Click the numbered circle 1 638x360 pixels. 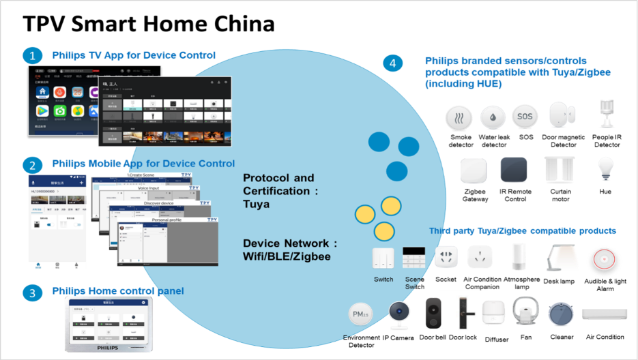click(31, 55)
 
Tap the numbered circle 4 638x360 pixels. click(392, 63)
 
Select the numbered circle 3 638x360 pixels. click(31, 293)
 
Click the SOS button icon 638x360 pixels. click(524, 117)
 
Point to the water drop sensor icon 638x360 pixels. click(492, 117)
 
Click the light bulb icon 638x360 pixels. click(604, 168)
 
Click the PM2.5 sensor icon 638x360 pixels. click(360, 314)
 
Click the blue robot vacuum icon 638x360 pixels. click(562, 314)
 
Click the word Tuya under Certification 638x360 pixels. click(257, 204)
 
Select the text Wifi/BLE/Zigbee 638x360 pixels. click(287, 256)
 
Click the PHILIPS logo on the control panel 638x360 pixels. click(112, 347)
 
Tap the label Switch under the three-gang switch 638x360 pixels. click(383, 280)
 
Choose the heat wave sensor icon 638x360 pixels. click(459, 117)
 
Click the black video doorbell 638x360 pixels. click(433, 313)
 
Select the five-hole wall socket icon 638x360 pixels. click(446, 256)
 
